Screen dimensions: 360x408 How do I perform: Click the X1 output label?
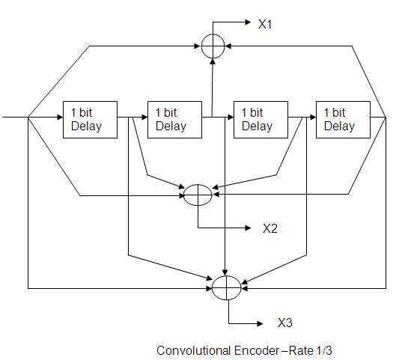(265, 25)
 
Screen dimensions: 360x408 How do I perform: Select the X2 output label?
(270, 229)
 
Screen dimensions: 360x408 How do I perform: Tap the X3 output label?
(284, 323)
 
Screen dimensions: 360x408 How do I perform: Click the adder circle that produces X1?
(213, 46)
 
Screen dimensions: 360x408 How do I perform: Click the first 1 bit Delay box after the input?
(91, 119)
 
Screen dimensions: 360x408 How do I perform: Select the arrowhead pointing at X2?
(252, 228)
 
